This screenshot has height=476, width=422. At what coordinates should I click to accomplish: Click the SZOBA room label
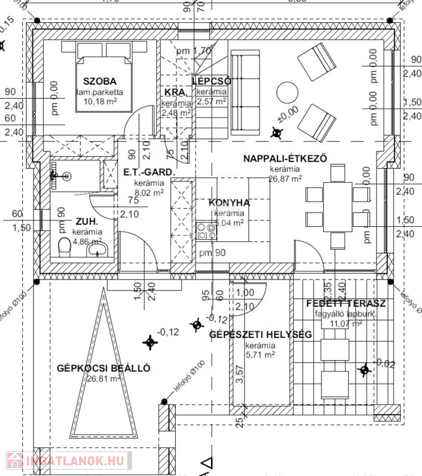[100, 81]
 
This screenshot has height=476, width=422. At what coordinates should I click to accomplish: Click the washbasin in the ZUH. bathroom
[97, 249]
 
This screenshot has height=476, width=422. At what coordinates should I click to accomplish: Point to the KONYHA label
[229, 203]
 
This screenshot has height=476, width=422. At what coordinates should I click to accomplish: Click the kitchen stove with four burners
[206, 232]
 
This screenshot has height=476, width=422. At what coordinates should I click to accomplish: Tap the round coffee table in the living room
[287, 93]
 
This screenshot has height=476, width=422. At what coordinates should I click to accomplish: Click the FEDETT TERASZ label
[346, 304]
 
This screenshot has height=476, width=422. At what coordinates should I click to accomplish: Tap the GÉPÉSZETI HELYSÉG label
[261, 335]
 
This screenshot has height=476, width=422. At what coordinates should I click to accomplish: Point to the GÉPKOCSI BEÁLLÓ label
[103, 368]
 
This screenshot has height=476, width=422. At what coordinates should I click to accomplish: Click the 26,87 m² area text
[285, 178]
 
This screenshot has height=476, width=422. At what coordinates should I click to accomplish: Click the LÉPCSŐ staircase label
[212, 81]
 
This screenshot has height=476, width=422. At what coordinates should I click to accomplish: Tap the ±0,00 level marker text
[287, 110]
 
